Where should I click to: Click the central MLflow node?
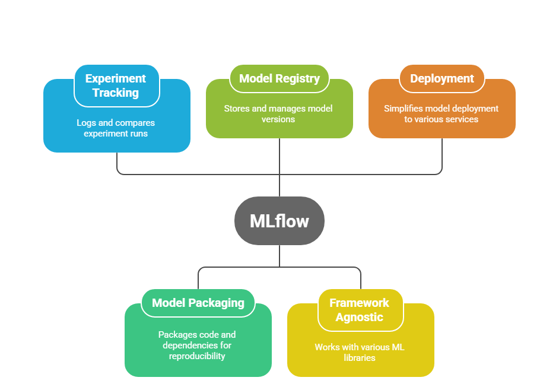pyautogui.click(x=279, y=221)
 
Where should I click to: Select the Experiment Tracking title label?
pyautogui.click(x=116, y=85)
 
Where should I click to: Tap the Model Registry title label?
pyautogui.click(x=279, y=78)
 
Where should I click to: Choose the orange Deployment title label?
pyautogui.click(x=442, y=78)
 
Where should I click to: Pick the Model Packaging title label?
pyautogui.click(x=198, y=303)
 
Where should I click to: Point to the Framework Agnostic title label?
pyautogui.click(x=360, y=310)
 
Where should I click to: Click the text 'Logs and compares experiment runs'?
pyautogui.click(x=116, y=128)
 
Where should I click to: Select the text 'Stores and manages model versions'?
pyautogui.click(x=278, y=113)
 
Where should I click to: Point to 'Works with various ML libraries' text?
pyautogui.click(x=360, y=352)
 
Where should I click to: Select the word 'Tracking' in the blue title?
pyautogui.click(x=116, y=93)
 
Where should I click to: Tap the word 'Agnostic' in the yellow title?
pyautogui.click(x=360, y=317)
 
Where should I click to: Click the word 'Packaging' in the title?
pyautogui.click(x=217, y=303)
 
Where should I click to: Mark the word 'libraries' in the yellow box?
pyautogui.click(x=360, y=357)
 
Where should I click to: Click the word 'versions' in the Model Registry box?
pyautogui.click(x=278, y=119)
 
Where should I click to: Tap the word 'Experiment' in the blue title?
pyautogui.click(x=116, y=78)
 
